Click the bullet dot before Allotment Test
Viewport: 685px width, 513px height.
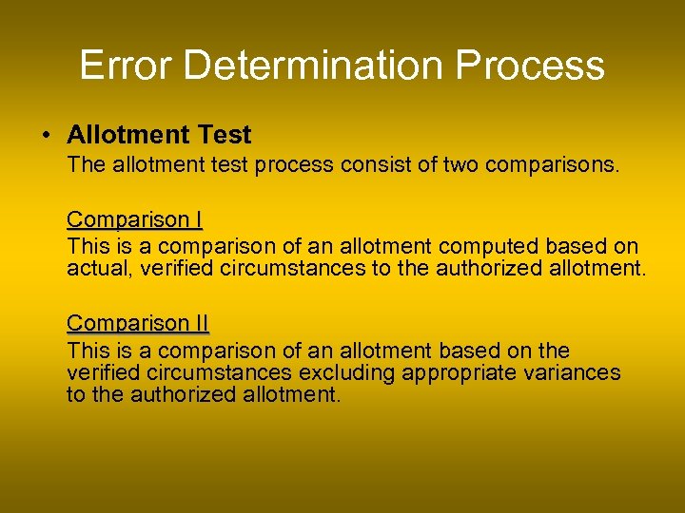pos(47,136)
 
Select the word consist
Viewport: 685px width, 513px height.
pos(378,165)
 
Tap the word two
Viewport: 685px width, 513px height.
pos(460,165)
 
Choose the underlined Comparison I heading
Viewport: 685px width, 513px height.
pos(134,219)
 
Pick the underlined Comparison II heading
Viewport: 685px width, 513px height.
pos(137,323)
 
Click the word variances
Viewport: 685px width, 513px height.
pos(571,372)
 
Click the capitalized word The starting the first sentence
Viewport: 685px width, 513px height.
pos(86,165)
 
